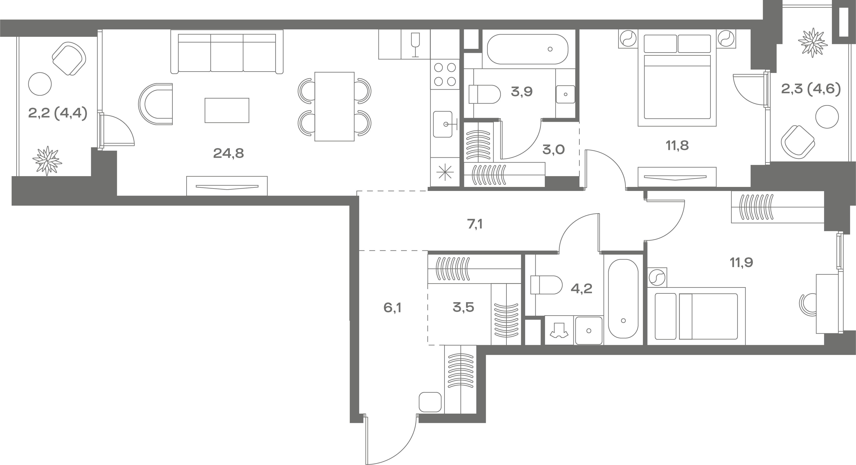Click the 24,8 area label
[228, 153]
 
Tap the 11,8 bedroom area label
[677, 145]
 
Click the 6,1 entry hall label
[392, 308]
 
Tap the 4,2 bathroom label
[582, 288]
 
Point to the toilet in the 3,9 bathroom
[484, 94]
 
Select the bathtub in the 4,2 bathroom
[623, 299]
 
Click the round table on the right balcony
[827, 116]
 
